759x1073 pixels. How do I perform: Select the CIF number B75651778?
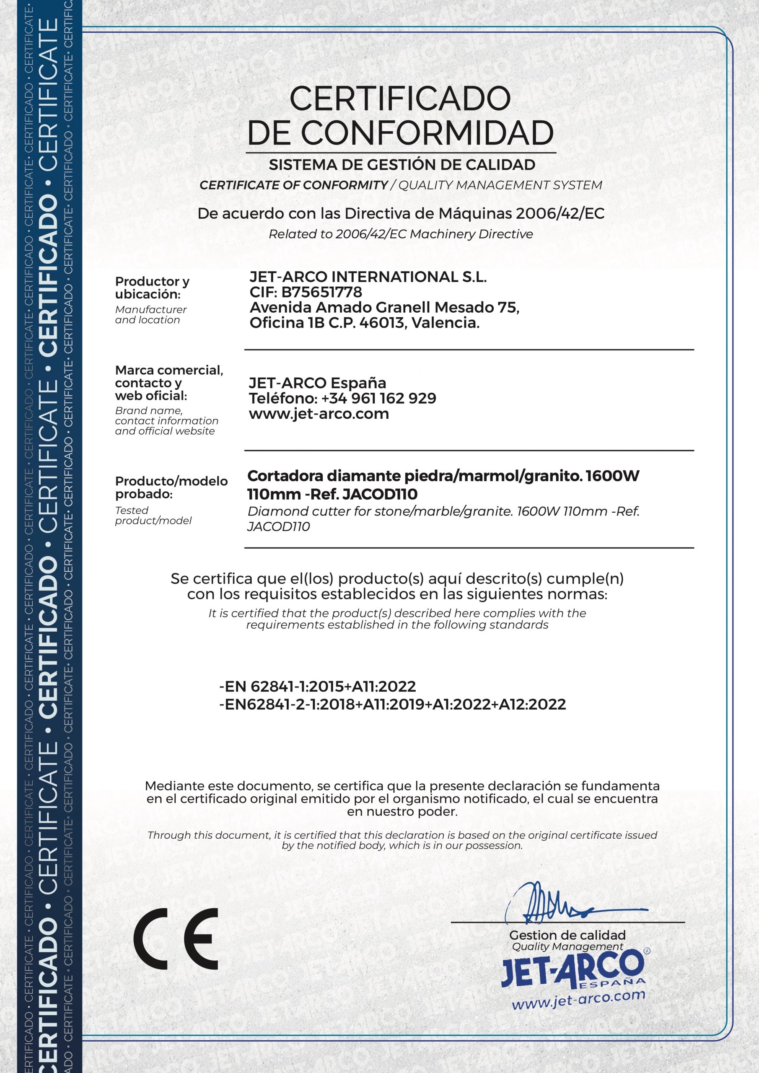click(x=321, y=292)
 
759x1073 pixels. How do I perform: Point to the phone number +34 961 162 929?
click(x=378, y=398)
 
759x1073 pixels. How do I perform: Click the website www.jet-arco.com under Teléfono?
click(x=319, y=414)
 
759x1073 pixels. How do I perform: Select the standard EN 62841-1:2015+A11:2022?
click(x=318, y=687)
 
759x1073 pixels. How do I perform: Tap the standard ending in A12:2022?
click(x=393, y=704)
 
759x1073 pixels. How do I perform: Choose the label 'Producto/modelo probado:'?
click(x=171, y=487)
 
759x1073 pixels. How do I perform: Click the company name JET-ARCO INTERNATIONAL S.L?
click(x=368, y=277)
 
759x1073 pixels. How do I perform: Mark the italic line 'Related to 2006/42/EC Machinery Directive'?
click(x=401, y=234)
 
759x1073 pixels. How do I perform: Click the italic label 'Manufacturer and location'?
click(x=150, y=314)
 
